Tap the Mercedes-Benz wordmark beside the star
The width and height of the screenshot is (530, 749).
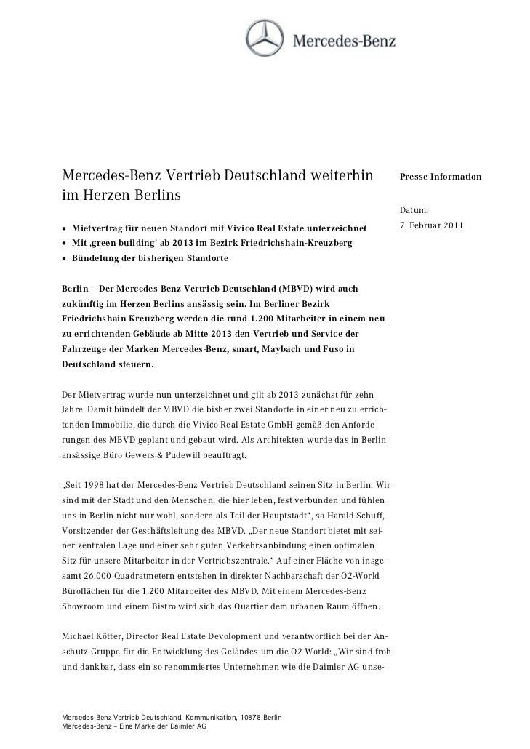coord(344,40)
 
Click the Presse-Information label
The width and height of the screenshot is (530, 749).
coord(438,177)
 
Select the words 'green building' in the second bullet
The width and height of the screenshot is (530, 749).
coord(127,244)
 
